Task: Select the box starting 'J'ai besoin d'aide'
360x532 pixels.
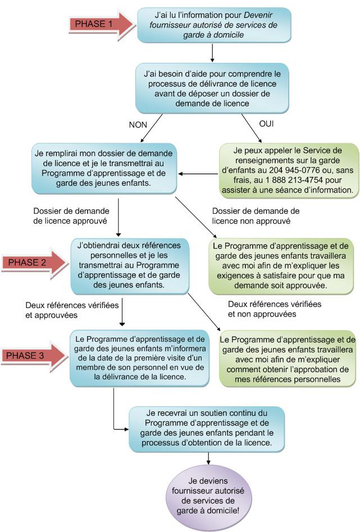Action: tap(212, 88)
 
